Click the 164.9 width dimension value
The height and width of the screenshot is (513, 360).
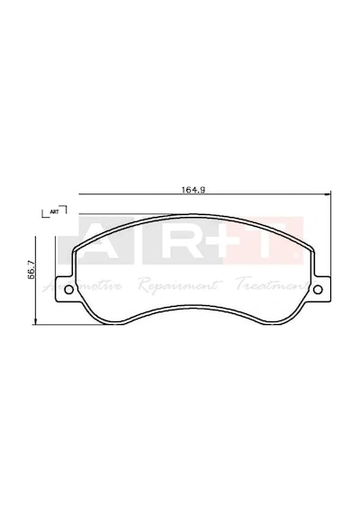click(193, 190)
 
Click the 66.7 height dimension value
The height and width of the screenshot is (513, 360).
click(31, 271)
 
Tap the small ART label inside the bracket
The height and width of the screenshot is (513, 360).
click(54, 211)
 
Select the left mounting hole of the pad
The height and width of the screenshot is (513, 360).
click(69, 289)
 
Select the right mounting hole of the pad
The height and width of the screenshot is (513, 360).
click(318, 289)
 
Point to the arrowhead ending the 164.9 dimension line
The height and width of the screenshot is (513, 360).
click(328, 195)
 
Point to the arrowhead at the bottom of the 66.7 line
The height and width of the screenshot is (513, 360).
click(35, 321)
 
